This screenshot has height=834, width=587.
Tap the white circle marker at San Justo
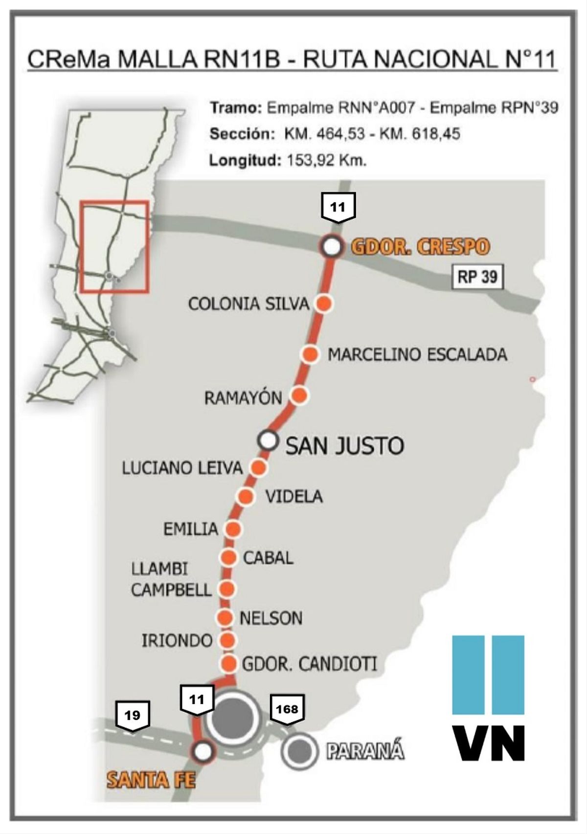pyautogui.click(x=268, y=440)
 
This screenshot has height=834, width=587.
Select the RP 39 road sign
pyautogui.click(x=477, y=277)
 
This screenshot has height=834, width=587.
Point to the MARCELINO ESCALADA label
pyautogui.click(x=417, y=354)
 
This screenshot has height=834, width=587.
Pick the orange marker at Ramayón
pyautogui.click(x=299, y=395)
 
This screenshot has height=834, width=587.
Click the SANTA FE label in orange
pyautogui.click(x=151, y=779)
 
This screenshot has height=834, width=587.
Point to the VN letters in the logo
pyautogui.click(x=488, y=743)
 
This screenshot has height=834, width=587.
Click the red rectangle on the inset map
pyautogui.click(x=115, y=247)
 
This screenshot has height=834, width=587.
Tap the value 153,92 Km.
pyautogui.click(x=326, y=160)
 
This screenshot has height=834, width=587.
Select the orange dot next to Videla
pyautogui.click(x=246, y=497)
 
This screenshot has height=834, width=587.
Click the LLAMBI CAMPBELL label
pyautogui.click(x=171, y=579)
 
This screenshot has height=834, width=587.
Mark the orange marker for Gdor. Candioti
pyautogui.click(x=228, y=664)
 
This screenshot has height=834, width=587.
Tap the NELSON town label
pyautogui.click(x=271, y=618)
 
